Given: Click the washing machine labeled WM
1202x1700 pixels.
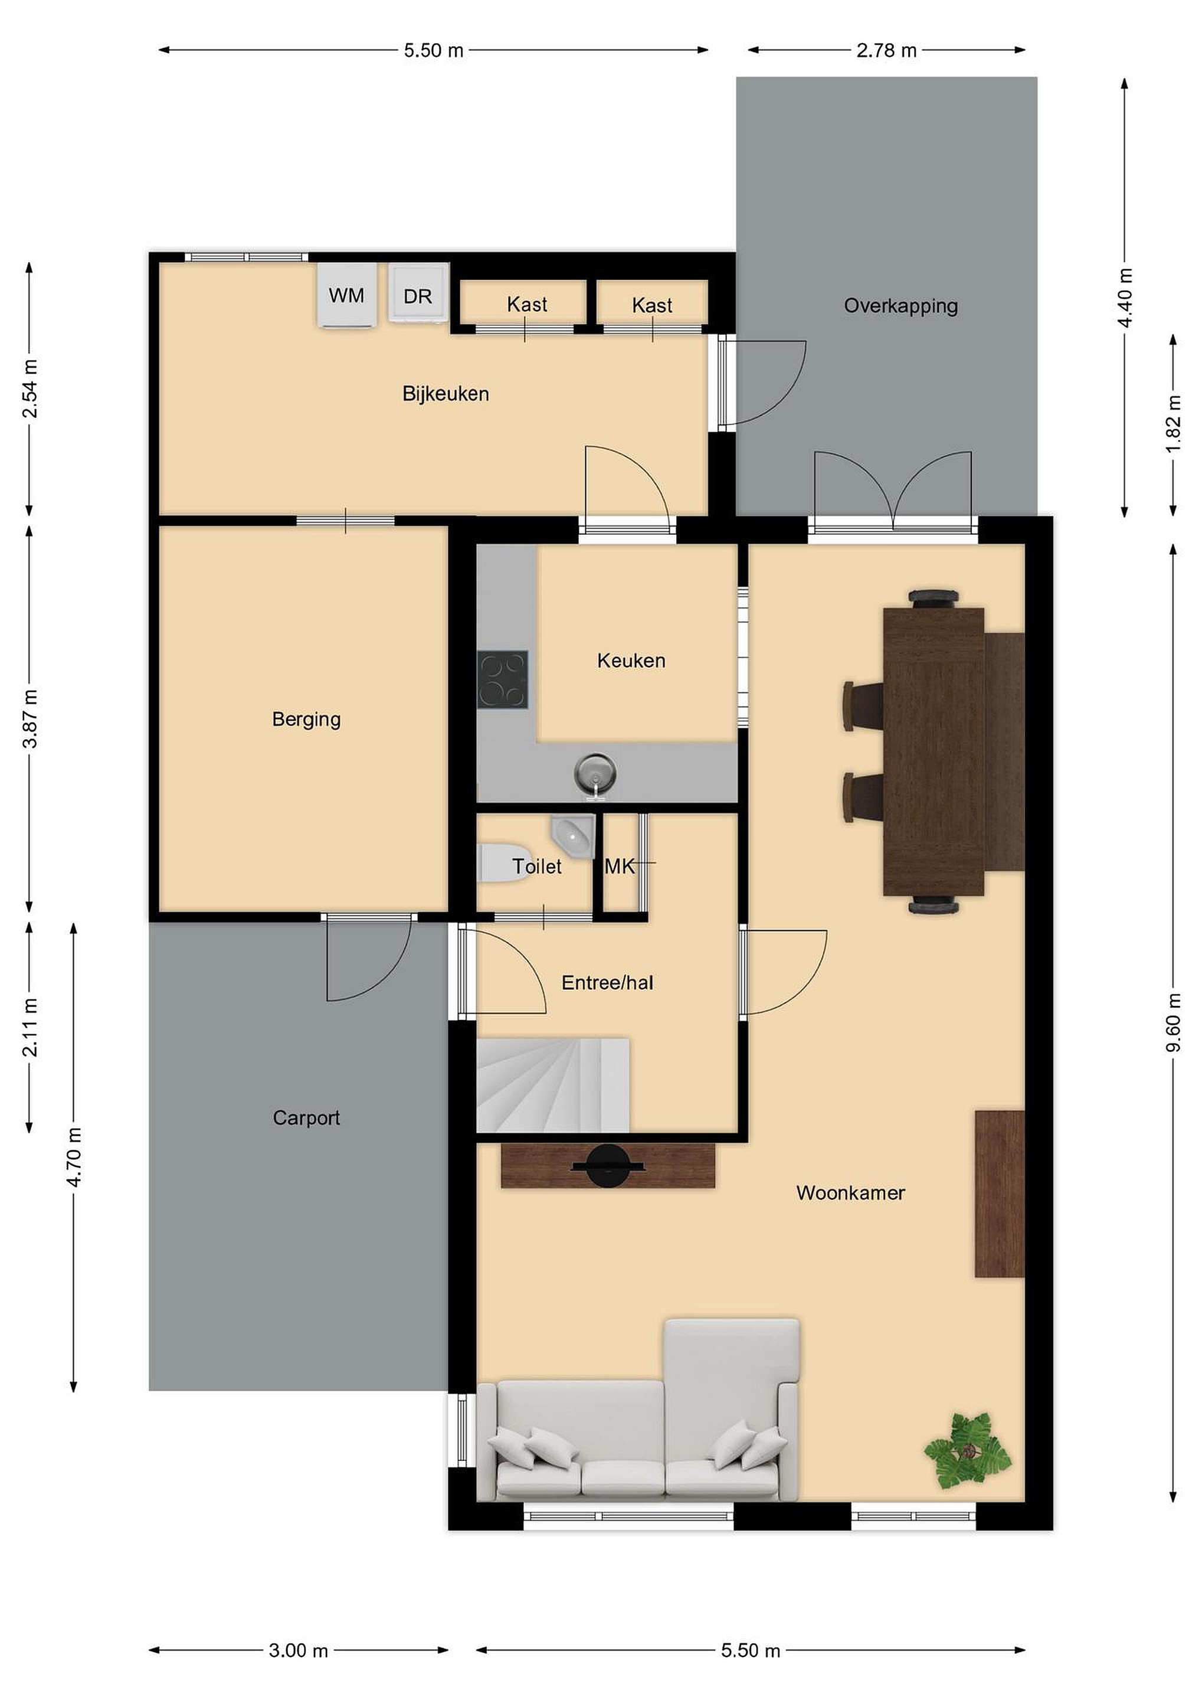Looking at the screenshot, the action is coord(346,295).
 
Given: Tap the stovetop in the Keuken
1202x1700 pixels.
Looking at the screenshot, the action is coord(503,679).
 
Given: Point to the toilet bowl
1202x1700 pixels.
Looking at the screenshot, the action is coord(500,862).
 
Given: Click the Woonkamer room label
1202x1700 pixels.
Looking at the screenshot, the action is coord(850,1193).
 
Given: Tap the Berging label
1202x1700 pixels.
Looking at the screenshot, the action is coord(306,719).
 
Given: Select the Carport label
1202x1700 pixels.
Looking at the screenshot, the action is coord(306,1118).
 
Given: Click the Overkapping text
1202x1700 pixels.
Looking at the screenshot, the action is coord(900,306).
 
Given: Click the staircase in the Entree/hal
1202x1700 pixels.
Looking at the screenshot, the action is coord(552,1086).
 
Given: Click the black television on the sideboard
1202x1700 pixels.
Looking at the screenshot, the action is coord(608,1168).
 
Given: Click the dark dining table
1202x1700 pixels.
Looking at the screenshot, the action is coord(934,751).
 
